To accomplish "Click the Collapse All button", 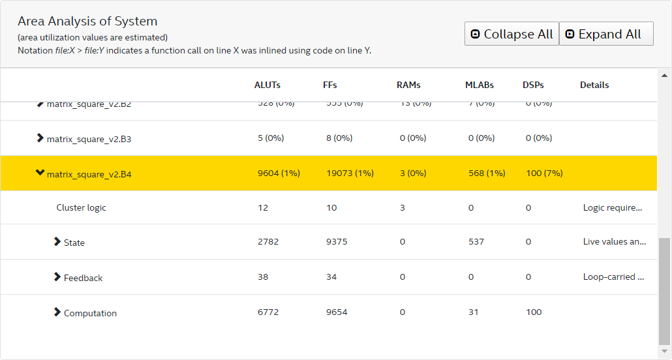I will pyautogui.click(x=512, y=34).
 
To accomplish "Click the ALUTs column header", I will pyautogui.click(x=267, y=85).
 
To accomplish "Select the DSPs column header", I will pyautogui.click(x=533, y=85).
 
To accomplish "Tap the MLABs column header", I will pyautogui.click(x=480, y=85).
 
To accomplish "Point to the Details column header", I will pyautogui.click(x=594, y=85).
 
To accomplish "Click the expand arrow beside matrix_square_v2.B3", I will pyautogui.click(x=40, y=138).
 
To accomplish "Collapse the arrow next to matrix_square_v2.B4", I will pyautogui.click(x=40, y=173).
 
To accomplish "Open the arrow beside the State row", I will pyautogui.click(x=57, y=242).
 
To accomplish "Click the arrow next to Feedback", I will pyautogui.click(x=57, y=277).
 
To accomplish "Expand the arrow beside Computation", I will pyautogui.click(x=57, y=312).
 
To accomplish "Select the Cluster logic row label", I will pyautogui.click(x=81, y=207).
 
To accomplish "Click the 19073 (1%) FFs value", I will pyautogui.click(x=350, y=173).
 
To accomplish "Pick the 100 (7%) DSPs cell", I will pyautogui.click(x=544, y=173).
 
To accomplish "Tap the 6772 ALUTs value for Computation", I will pyautogui.click(x=268, y=312).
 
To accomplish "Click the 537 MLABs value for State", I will pyautogui.click(x=476, y=241).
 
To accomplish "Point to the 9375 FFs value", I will pyautogui.click(x=337, y=241).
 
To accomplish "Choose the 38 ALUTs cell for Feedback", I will pyautogui.click(x=263, y=277).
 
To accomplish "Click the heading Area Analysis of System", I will pyautogui.click(x=87, y=21).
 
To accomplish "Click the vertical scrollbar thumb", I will pyautogui.click(x=664, y=291).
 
